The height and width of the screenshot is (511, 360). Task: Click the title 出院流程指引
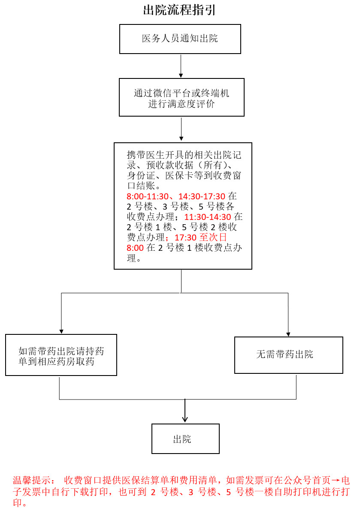pos(179,10)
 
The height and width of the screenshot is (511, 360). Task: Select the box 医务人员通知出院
pos(180,39)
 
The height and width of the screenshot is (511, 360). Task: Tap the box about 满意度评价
pos(182,97)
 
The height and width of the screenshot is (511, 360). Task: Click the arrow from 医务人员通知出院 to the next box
pos(181,66)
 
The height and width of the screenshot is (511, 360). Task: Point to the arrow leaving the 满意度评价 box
pos(182,129)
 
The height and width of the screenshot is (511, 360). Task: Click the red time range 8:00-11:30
pos(148,196)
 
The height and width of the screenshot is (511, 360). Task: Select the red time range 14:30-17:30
pos(202,196)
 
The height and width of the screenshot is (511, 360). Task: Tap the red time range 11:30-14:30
pos(208,217)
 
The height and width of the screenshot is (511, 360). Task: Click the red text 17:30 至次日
pos(200,237)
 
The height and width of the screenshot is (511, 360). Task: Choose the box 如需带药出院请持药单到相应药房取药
pos(61,355)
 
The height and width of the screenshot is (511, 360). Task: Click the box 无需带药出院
pos(289,355)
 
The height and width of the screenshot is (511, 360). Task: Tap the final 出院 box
pos(185,439)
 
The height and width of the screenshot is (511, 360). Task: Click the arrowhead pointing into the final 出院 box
pos(185,419)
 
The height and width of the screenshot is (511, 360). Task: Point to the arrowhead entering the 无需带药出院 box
pos(288,334)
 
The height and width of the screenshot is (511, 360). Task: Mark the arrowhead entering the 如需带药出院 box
pos(61,332)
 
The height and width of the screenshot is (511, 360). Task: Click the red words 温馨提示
pos(31,480)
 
